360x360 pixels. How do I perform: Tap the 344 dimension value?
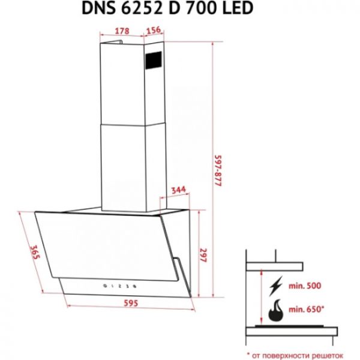pyautogui.click(x=178, y=190)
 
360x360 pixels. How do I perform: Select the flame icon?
pyautogui.click(x=277, y=312)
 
